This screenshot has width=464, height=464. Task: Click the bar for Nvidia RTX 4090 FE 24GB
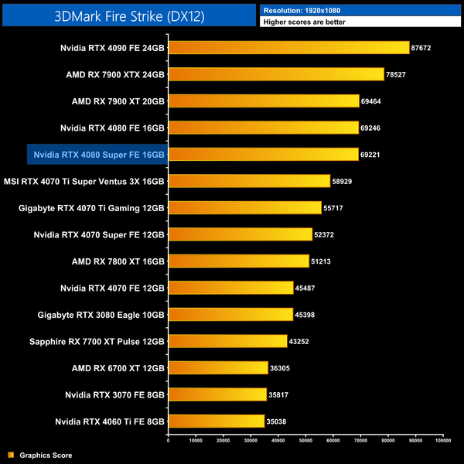click(288, 48)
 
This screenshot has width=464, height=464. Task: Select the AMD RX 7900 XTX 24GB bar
click(275, 74)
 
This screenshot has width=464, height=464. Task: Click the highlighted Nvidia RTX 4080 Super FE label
click(99, 155)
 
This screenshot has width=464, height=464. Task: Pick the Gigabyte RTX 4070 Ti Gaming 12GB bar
click(244, 208)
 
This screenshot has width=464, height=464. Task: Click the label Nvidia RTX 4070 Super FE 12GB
click(99, 234)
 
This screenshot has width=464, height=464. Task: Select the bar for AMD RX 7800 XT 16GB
click(238, 261)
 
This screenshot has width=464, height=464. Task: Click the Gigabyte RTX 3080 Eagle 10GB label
click(101, 315)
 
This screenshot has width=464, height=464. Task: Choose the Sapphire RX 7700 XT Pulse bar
click(227, 341)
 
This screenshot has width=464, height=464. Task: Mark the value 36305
click(279, 368)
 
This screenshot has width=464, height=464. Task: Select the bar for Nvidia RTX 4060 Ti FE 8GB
click(216, 421)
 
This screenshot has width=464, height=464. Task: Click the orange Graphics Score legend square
click(10, 455)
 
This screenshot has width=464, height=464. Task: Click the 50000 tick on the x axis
click(305, 441)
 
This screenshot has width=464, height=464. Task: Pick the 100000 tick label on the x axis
click(443, 441)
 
